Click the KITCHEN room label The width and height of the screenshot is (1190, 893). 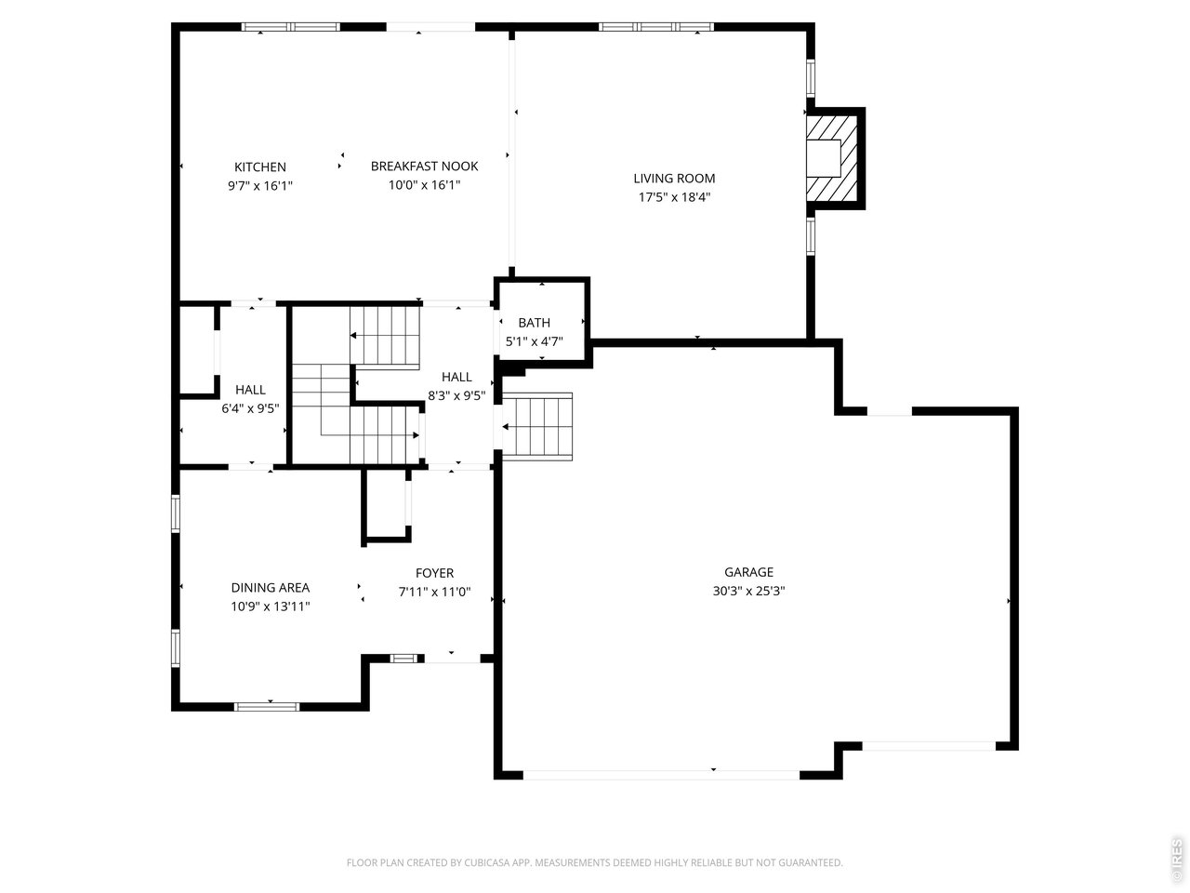(260, 167)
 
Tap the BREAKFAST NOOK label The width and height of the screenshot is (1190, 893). (424, 167)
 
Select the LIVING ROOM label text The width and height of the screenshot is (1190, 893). (674, 179)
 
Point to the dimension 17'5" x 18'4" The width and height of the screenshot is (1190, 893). (674, 196)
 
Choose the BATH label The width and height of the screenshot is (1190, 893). (534, 323)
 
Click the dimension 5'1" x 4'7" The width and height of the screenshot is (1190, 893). (534, 341)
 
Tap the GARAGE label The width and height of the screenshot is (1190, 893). (748, 573)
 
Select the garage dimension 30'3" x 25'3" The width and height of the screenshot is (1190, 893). (748, 591)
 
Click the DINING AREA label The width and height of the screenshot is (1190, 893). (271, 588)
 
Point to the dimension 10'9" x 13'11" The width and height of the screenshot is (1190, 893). (271, 606)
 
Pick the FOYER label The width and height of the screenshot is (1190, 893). (434, 573)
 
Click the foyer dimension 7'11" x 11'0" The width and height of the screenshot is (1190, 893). (434, 592)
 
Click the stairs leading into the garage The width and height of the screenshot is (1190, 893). (537, 426)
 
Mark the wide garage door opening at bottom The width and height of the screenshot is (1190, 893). (661, 774)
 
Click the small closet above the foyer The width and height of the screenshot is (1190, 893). (386, 505)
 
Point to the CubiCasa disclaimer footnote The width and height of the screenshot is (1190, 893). (595, 863)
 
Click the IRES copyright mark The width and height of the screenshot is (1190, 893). (1177, 860)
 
